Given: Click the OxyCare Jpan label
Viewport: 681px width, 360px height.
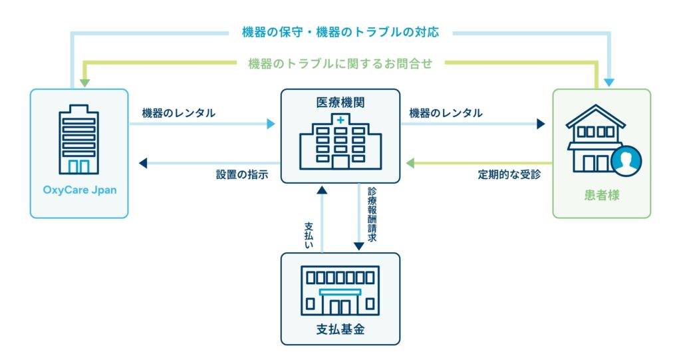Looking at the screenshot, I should (79, 190).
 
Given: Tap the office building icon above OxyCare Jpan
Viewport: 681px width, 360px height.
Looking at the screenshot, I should (78, 140).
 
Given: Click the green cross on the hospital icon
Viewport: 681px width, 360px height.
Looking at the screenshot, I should (340, 120).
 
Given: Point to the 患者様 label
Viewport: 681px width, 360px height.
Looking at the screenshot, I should (602, 196).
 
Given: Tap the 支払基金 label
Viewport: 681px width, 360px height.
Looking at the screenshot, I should (340, 330).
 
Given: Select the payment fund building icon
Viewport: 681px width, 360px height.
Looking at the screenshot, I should (340, 290).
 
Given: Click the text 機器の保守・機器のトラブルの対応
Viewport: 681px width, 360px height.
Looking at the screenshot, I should (340, 31).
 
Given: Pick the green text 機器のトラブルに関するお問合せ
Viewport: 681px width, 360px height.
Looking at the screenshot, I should (340, 63).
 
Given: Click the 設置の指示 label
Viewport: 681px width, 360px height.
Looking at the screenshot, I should (241, 174).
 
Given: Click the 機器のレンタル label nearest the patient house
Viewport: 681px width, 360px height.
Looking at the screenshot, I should (446, 113).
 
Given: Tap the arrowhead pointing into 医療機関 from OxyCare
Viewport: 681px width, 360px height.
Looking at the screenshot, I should (271, 124).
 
